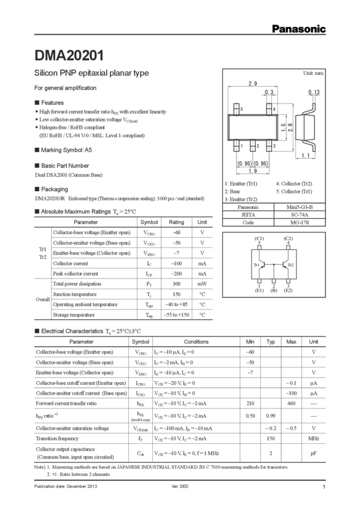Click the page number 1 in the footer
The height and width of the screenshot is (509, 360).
point(323,487)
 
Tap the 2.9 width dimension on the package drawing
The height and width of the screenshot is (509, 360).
point(253,83)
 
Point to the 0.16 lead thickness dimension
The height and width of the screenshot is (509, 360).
point(314,92)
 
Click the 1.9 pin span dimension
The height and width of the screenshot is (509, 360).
point(253,169)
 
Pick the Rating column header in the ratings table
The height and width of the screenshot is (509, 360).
point(176,222)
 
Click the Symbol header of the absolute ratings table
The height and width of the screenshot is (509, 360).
point(149,222)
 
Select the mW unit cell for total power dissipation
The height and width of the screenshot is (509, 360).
point(202,283)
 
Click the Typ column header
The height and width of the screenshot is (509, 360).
point(271,341)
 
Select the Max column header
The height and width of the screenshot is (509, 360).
point(292,341)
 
